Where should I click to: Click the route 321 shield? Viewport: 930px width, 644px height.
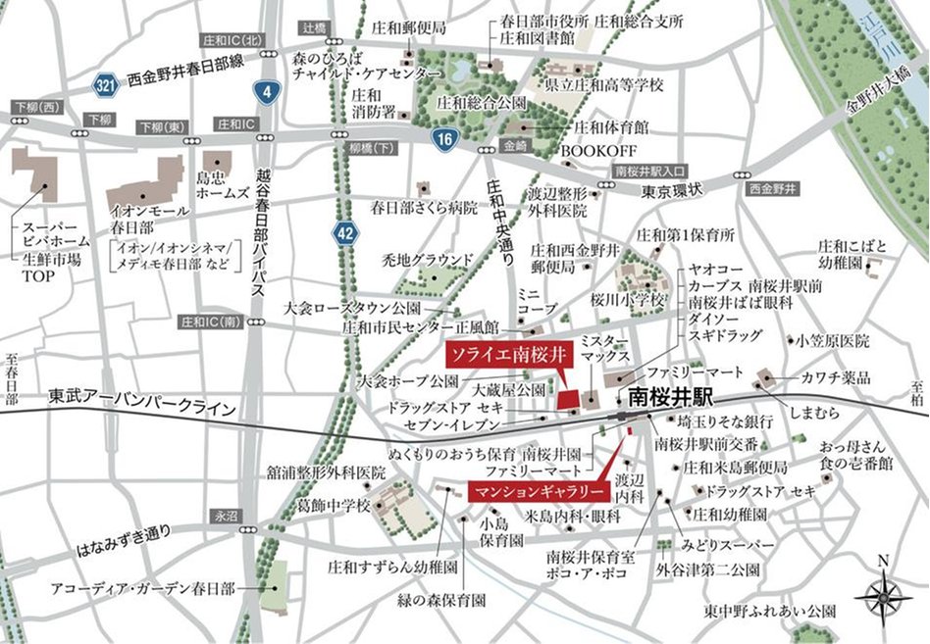pos(105,84)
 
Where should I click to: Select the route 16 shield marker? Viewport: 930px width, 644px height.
pos(444,139)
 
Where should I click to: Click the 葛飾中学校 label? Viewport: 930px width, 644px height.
pos(336,506)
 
